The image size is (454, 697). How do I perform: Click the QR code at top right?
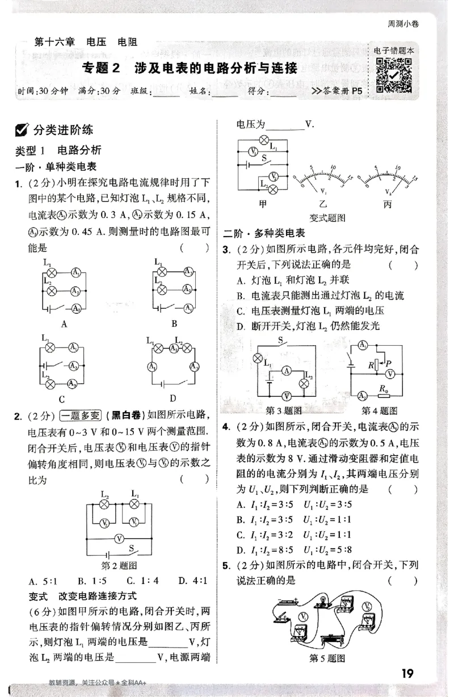click(394, 75)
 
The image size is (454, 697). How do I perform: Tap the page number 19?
click(407, 674)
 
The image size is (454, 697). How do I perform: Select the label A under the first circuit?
click(64, 324)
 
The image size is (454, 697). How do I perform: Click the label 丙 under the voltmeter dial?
click(388, 204)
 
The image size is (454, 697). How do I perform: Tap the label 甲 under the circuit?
click(262, 204)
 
